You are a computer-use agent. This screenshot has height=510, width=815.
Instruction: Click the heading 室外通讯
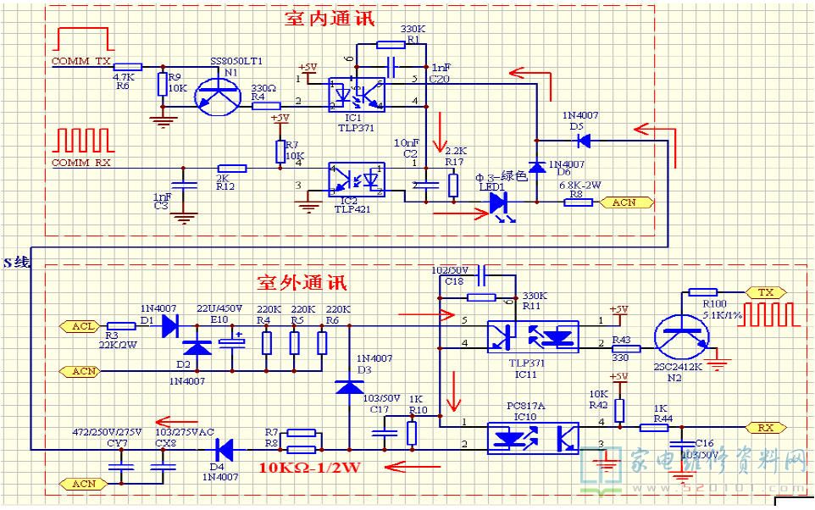tap(302, 280)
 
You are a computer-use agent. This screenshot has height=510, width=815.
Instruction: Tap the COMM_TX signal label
tap(81, 62)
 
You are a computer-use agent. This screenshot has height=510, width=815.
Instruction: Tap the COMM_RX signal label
tap(81, 162)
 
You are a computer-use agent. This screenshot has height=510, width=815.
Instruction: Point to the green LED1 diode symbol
tap(497, 202)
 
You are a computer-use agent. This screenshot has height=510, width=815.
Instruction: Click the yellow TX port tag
tap(765, 292)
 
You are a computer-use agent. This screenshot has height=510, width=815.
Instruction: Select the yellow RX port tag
tap(765, 428)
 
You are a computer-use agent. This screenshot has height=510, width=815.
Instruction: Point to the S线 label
tap(17, 263)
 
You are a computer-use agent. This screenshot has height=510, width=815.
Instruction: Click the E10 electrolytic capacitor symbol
tap(230, 344)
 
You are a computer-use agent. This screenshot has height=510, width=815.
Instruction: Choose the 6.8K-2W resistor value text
tap(579, 185)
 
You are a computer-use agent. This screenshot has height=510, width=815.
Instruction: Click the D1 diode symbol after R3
tap(169, 324)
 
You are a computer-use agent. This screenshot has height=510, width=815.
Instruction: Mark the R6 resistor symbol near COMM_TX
tap(127, 66)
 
